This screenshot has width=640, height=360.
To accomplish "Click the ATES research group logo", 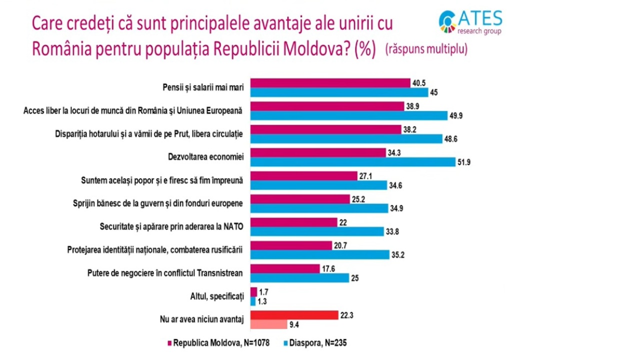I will tap(470, 22).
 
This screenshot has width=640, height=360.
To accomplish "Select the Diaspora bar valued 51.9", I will tap(352, 162).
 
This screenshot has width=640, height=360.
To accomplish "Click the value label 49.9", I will tap(455, 116).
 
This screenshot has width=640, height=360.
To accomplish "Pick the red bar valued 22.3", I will tap(293, 314).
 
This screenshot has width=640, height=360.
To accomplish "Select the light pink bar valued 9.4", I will tap(268, 324).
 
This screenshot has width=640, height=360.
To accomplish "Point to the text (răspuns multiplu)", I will tap(426, 50).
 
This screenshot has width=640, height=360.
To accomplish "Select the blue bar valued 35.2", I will tap(319, 255).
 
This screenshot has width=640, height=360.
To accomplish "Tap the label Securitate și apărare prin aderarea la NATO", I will tap(168, 226).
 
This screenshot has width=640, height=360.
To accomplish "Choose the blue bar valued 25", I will tap(299, 278).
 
